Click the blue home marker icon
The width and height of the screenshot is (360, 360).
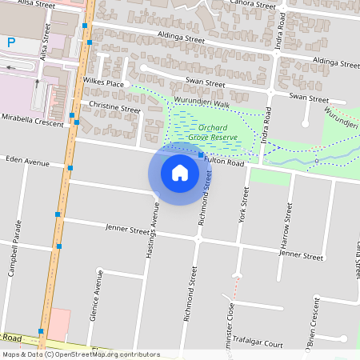tap(180, 172)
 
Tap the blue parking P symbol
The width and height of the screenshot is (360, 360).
tap(11, 42)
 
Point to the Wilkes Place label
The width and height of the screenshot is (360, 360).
tap(103, 83)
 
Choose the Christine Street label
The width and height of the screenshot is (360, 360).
tap(114, 106)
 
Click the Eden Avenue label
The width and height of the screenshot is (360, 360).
tap(26, 162)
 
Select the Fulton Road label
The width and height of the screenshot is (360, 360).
tap(223, 162)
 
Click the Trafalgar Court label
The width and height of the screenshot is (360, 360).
tap(260, 344)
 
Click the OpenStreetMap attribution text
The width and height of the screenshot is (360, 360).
tap(81, 354)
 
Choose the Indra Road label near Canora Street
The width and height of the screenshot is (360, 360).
tap(282, 31)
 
